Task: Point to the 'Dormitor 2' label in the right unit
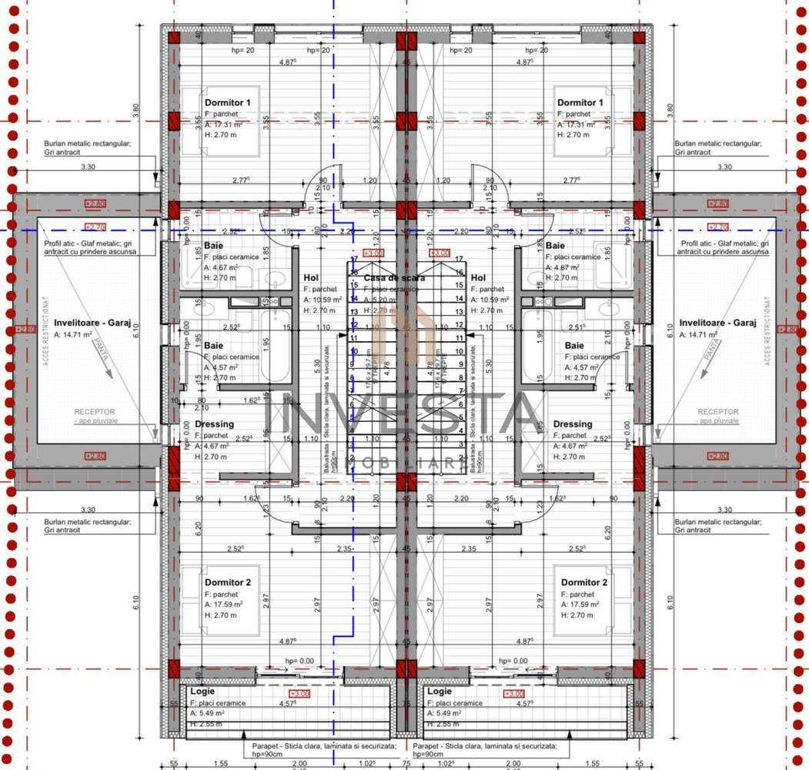(x=583, y=583)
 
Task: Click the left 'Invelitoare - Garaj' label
(x=92, y=323)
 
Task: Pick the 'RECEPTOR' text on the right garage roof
(x=717, y=412)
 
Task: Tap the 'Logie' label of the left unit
(x=202, y=691)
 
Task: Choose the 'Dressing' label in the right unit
(x=573, y=424)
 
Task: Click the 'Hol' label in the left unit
(x=311, y=278)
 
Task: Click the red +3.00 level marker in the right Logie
(x=513, y=695)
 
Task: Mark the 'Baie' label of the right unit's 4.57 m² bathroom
(x=574, y=346)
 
